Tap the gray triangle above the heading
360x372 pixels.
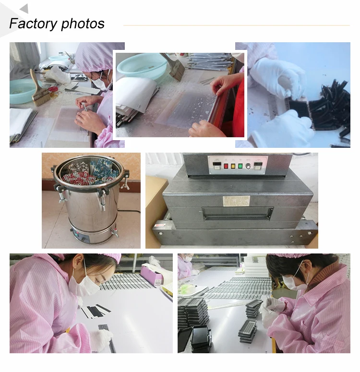click(24, 9)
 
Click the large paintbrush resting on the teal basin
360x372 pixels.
click(39, 89)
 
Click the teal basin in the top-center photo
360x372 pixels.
click(143, 65)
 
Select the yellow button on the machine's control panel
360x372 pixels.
click(233, 166)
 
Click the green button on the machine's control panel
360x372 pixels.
click(240, 166)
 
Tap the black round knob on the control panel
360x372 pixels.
click(248, 166)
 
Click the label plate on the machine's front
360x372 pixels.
click(236, 201)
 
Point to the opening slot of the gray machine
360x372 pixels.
click(238, 213)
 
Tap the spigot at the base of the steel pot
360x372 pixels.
click(115, 233)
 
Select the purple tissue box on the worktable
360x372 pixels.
click(152, 275)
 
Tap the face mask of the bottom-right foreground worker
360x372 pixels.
click(294, 282)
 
